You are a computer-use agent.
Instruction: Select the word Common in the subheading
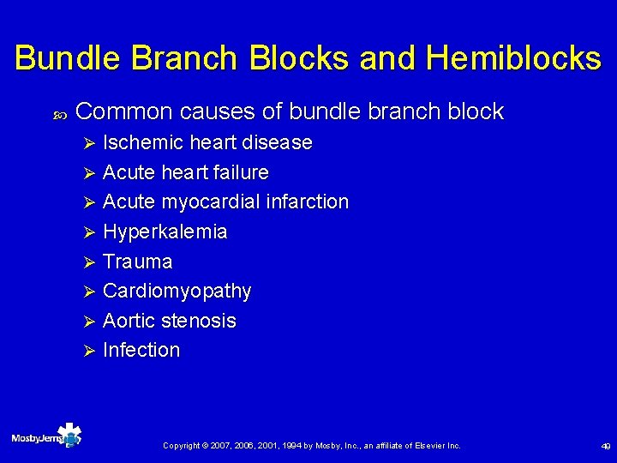(124, 111)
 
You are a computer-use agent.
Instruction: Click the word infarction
(306, 202)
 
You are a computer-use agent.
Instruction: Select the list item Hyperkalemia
(165, 231)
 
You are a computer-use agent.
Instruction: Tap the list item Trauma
(137, 262)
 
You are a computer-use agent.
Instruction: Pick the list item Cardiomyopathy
(177, 292)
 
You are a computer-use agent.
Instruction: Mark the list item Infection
(141, 350)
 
